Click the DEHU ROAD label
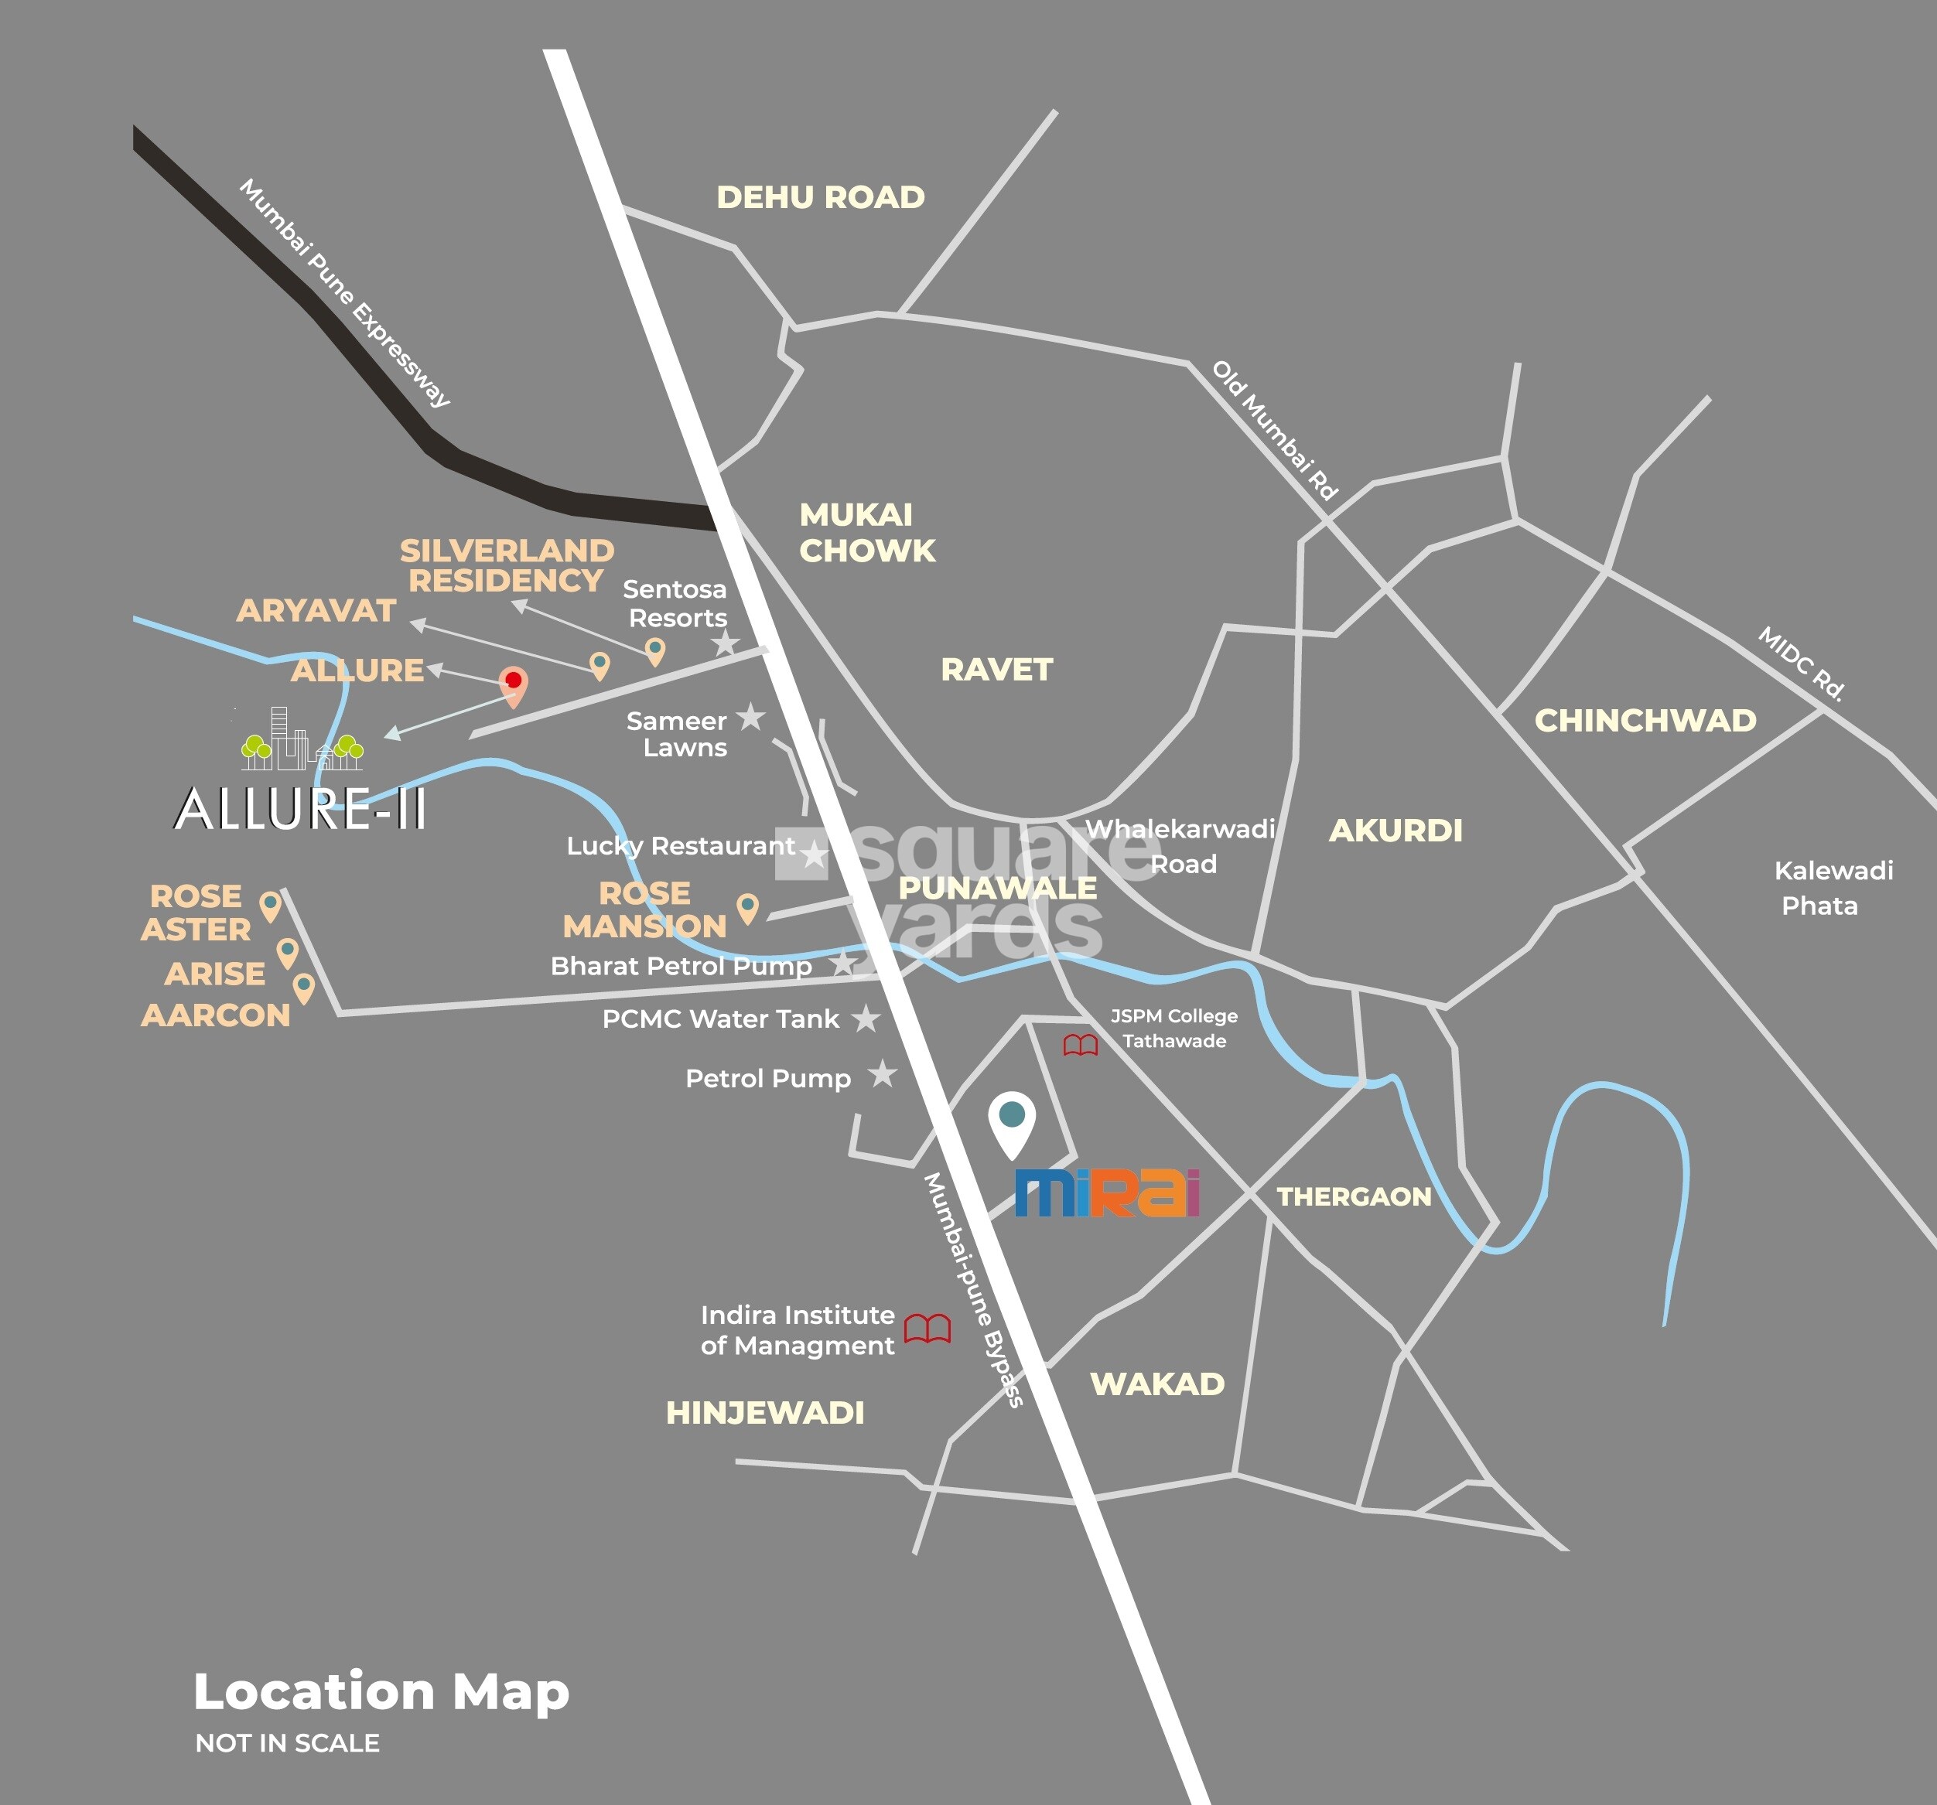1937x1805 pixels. click(821, 198)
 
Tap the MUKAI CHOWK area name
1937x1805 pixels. click(866, 533)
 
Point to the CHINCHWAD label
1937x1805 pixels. click(1645, 721)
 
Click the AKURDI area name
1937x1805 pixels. click(1396, 831)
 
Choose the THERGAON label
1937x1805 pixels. click(1354, 1196)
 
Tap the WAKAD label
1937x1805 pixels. click(1156, 1384)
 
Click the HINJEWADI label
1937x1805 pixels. click(765, 1414)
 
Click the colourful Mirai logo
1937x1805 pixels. click(1107, 1193)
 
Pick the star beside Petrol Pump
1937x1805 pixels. click(883, 1074)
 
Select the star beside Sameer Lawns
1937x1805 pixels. click(750, 717)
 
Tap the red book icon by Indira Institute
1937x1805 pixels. click(927, 1329)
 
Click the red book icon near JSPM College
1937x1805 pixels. click(1080, 1046)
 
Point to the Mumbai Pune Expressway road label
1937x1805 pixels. click(344, 292)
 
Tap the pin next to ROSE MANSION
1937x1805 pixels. click(747, 907)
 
